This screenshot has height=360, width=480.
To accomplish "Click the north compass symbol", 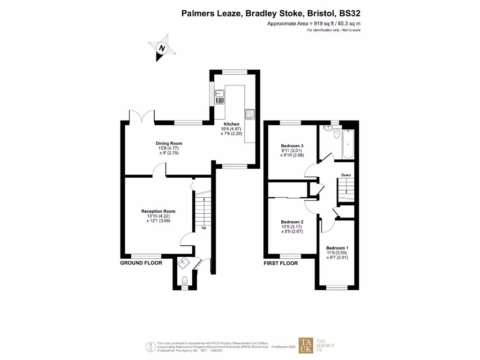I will [162, 48].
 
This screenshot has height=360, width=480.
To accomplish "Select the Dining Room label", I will [169, 143].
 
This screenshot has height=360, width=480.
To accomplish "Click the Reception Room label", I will [158, 211].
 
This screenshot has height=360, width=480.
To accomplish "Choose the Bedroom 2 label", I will [292, 222].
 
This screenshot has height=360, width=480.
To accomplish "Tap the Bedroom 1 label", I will [337, 247].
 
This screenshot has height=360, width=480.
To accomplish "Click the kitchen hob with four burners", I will [249, 114].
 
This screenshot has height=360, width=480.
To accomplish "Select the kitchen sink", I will [219, 97].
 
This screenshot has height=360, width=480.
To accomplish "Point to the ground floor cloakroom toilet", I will [185, 281].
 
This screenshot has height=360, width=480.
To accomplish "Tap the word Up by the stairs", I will [204, 228].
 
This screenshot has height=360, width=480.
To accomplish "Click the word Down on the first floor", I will [346, 175].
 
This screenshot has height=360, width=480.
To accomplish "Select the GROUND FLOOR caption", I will [141, 263].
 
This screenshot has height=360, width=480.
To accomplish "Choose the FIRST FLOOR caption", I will [281, 263].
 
